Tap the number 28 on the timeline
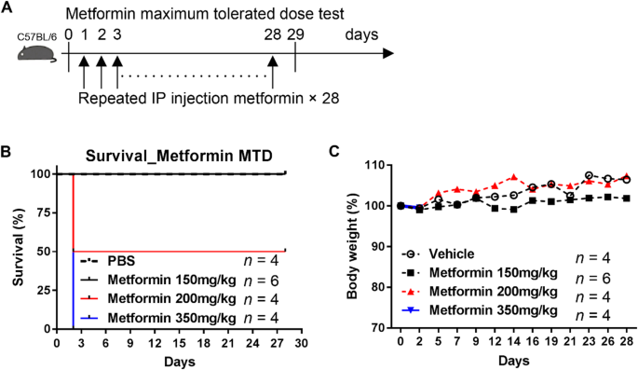click(x=273, y=34)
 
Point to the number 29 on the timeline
click(x=296, y=34)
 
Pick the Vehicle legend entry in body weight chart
click(x=451, y=254)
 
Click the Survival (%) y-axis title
click(x=12, y=250)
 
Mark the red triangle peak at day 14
click(x=513, y=177)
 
